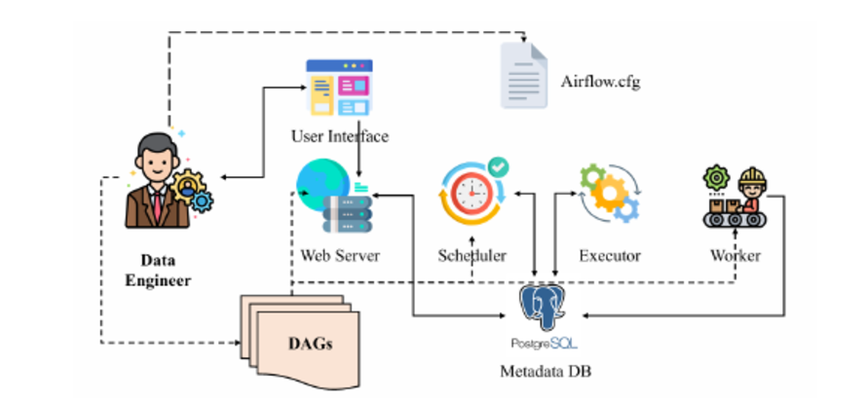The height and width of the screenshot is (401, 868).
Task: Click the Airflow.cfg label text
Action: click(600, 80)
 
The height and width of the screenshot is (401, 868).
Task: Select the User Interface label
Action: click(340, 135)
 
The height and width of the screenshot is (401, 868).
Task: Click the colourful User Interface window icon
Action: click(340, 88)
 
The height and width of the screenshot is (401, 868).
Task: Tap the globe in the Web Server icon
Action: click(322, 184)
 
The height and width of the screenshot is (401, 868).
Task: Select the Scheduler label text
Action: click(472, 256)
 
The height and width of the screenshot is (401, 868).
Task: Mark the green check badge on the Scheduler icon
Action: click(498, 166)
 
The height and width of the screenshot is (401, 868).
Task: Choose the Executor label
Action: click(610, 256)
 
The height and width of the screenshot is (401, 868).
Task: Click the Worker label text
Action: click(736, 256)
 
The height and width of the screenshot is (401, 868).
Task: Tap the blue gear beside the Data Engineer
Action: click(202, 201)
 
